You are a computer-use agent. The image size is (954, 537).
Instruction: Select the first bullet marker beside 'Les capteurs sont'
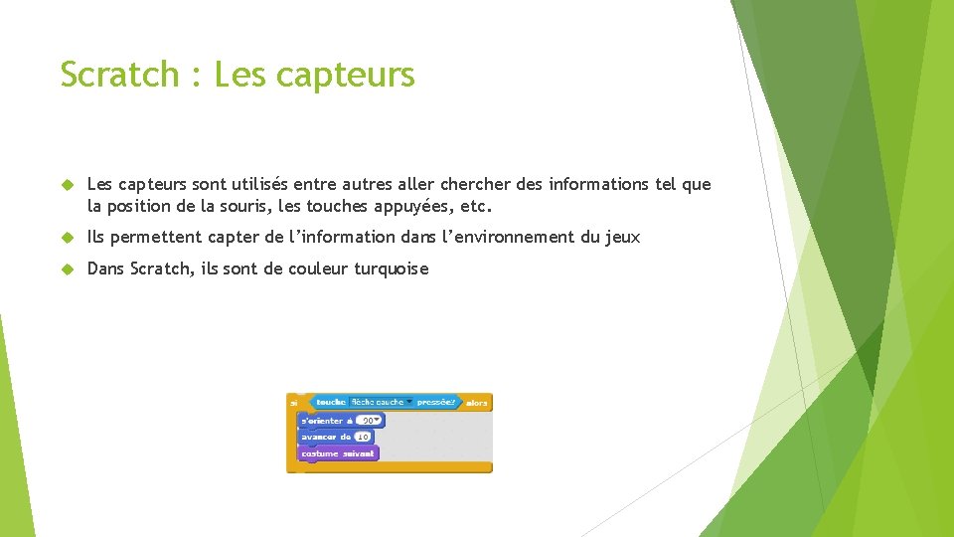pos(69,185)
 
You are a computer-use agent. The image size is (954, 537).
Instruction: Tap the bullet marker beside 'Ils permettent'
pos(69,237)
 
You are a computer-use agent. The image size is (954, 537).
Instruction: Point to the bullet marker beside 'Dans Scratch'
pos(69,268)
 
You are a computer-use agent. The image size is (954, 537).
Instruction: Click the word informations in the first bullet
pos(598,185)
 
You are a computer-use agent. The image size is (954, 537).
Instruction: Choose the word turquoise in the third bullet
pos(391,268)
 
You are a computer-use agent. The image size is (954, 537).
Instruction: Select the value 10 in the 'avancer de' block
pos(363,437)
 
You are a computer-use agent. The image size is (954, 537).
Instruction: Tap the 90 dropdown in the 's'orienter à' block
pos(370,421)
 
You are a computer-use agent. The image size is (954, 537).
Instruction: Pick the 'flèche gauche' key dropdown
pos(381,403)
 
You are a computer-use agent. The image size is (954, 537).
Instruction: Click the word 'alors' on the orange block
pos(477,403)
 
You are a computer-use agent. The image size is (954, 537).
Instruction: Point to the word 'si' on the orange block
pos(294,403)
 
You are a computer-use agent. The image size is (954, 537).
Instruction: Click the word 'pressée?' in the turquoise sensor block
pos(436,403)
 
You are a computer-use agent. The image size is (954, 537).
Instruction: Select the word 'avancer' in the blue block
pos(318,437)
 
